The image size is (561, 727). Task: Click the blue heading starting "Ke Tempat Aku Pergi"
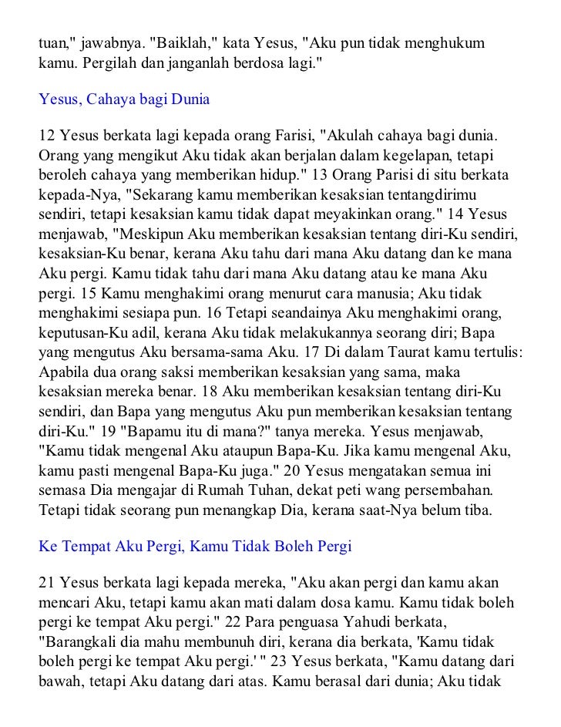click(x=195, y=547)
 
